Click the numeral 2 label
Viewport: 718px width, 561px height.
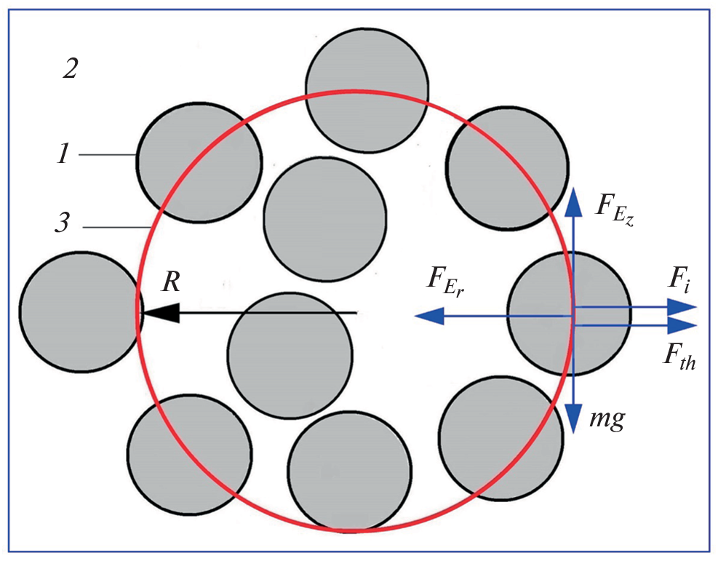pos(70,70)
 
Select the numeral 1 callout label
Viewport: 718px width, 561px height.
pos(64,155)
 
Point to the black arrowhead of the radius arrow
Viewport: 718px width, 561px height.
pos(159,313)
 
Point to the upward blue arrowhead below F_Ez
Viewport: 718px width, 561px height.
pos(573,198)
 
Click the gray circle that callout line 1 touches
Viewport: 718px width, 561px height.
pos(199,162)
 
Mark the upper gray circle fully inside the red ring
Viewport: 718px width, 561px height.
pos(324,217)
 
